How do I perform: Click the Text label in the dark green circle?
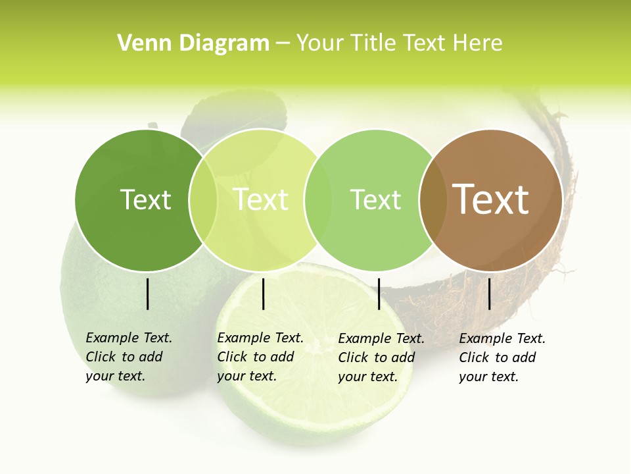[x=145, y=199]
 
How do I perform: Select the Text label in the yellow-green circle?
[x=261, y=199]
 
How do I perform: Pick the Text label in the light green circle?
[x=376, y=199]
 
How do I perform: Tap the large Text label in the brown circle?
[x=491, y=199]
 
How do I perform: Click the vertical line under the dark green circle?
[x=147, y=294]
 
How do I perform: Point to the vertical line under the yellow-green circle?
[x=263, y=294]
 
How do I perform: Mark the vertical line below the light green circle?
[x=379, y=294]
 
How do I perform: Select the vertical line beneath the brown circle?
[x=489, y=294]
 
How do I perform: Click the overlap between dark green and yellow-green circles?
[x=203, y=199]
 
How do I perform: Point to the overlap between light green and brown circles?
[x=431, y=199]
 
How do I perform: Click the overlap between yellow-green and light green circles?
[x=318, y=199]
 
